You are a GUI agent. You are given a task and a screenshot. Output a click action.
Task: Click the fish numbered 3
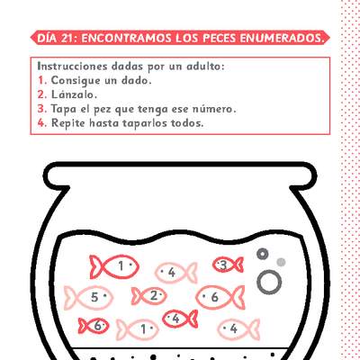click(x=227, y=264)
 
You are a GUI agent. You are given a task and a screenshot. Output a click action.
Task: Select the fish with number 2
click(x=150, y=295)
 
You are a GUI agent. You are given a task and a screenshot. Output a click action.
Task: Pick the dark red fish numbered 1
click(x=114, y=265)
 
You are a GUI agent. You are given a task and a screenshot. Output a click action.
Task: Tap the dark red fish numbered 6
click(x=94, y=326)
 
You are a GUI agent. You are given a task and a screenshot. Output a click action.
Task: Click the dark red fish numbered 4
click(x=180, y=318)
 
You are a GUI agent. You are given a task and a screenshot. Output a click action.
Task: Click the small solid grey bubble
click(x=281, y=262)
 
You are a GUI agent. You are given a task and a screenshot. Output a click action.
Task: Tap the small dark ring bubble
click(x=263, y=253)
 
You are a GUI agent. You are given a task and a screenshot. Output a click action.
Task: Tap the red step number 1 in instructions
click(x=41, y=80)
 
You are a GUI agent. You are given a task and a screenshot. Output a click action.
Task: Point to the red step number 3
click(x=41, y=108)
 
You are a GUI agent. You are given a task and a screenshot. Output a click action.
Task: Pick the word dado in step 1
click(x=143, y=80)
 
